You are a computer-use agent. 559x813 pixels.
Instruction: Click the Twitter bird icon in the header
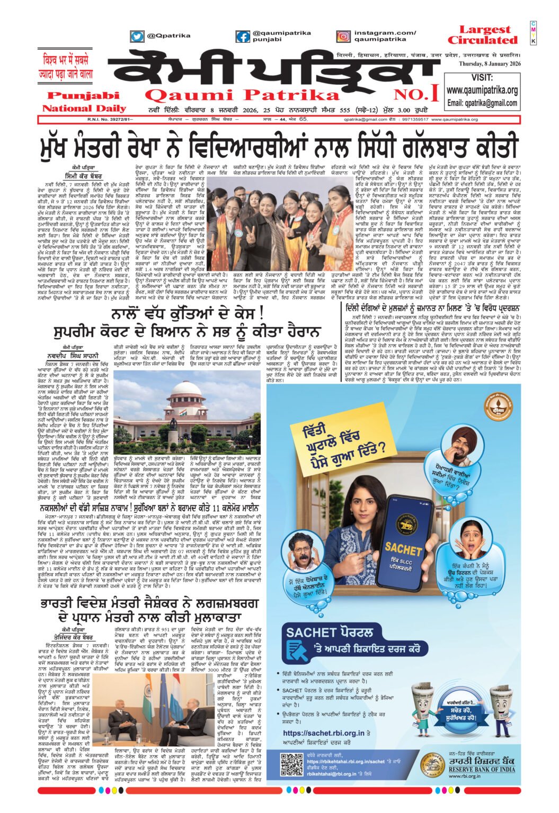pyautogui.click(x=137, y=37)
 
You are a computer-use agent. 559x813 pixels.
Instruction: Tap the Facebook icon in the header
pyautogui.click(x=243, y=37)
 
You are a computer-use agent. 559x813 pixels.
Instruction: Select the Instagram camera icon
pyautogui.click(x=343, y=37)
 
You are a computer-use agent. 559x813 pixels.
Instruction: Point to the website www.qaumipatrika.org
pyautogui.click(x=482, y=90)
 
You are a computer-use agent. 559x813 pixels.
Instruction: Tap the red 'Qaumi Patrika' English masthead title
pyautogui.click(x=242, y=95)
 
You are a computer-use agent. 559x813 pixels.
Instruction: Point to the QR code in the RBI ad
pyautogui.click(x=291, y=764)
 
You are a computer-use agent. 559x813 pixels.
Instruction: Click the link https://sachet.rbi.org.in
pyautogui.click(x=324, y=733)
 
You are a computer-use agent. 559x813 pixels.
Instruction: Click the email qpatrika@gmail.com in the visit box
pyautogui.click(x=482, y=103)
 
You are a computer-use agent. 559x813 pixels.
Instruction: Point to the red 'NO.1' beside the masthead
pyautogui.click(x=423, y=94)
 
